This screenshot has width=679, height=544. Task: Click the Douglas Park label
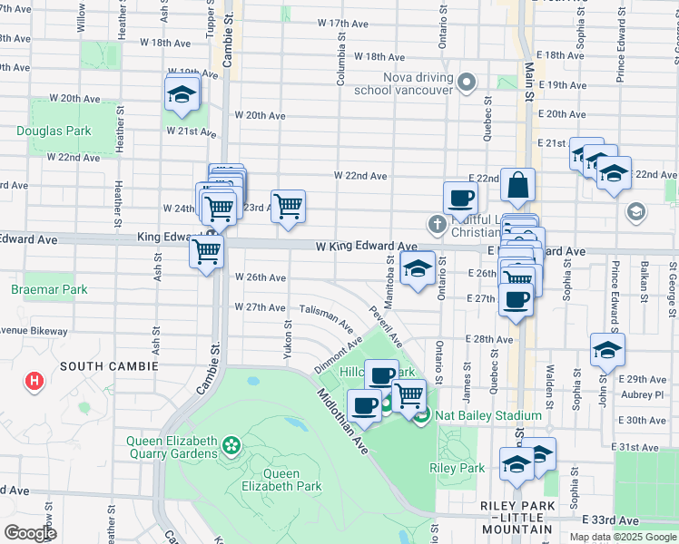(x=54, y=131)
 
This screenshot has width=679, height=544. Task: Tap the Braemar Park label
(x=49, y=290)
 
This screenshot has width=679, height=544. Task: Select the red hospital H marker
(x=34, y=382)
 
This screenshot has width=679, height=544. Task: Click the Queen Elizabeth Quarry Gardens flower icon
(x=232, y=445)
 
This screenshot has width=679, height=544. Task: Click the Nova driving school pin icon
(x=467, y=84)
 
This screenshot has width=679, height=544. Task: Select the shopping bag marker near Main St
(x=517, y=186)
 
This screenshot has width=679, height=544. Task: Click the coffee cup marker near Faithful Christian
(x=460, y=198)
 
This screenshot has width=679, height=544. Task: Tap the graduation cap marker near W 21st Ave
(x=182, y=94)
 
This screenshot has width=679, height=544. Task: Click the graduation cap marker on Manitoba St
(x=418, y=270)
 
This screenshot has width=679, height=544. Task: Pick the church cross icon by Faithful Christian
(x=437, y=223)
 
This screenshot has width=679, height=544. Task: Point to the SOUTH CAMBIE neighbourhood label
(x=110, y=365)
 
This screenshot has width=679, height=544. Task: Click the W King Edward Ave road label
(x=366, y=246)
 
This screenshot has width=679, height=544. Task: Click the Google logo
(x=30, y=533)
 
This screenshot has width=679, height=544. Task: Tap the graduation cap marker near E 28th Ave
(x=607, y=351)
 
